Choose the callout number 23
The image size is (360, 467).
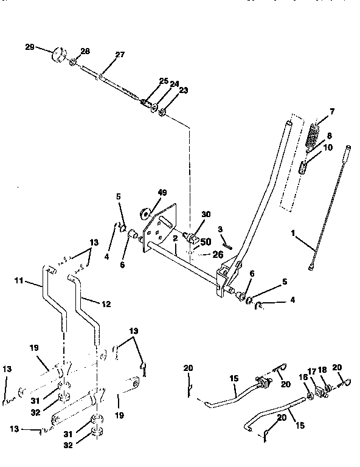coord(166,91)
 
